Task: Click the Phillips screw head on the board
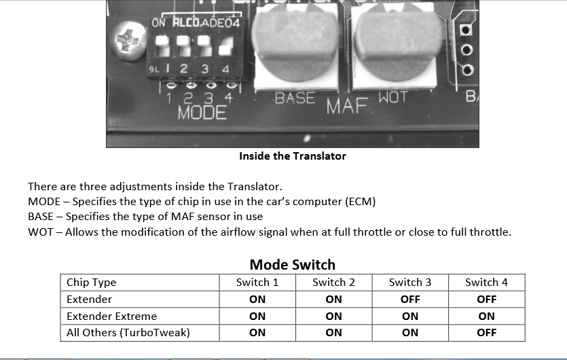pyautogui.click(x=130, y=40)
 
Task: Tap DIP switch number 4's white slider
pyautogui.click(x=225, y=47)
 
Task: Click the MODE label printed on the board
pyautogui.click(x=202, y=113)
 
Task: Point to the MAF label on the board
pyautogui.click(x=347, y=106)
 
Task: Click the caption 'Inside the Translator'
pyautogui.click(x=293, y=156)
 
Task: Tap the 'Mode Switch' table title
pyautogui.click(x=293, y=264)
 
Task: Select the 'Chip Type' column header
pyautogui.click(x=92, y=282)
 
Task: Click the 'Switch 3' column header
pyautogui.click(x=410, y=282)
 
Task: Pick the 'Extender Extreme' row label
pyautogui.click(x=112, y=317)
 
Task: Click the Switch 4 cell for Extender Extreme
pyautogui.click(x=486, y=317)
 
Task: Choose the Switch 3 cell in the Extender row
pyautogui.click(x=410, y=300)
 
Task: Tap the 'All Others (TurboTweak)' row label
pyautogui.click(x=128, y=333)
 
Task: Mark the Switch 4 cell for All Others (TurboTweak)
pyautogui.click(x=486, y=333)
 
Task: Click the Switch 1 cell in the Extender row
pyautogui.click(x=257, y=300)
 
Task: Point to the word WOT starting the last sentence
pyautogui.click(x=41, y=232)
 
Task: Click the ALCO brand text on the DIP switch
pyautogui.click(x=186, y=23)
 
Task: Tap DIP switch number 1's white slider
pyautogui.click(x=162, y=46)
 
